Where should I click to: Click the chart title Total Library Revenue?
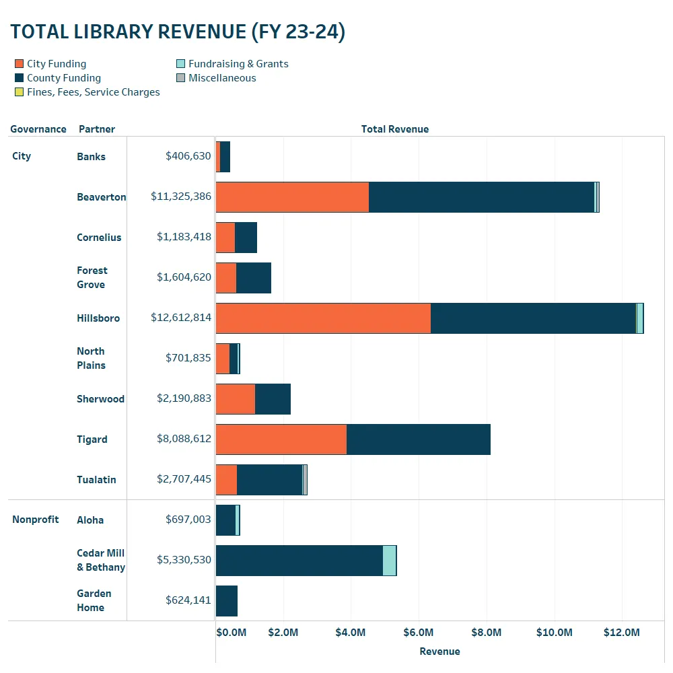pyautogui.click(x=178, y=32)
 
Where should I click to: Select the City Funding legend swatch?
pyautogui.click(x=20, y=64)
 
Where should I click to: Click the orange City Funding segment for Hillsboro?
pyautogui.click(x=323, y=318)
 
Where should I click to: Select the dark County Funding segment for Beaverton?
pyautogui.click(x=481, y=197)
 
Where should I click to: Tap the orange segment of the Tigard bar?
pyautogui.click(x=281, y=439)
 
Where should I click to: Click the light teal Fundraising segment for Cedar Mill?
pyautogui.click(x=389, y=561)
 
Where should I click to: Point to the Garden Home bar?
pyautogui.click(x=227, y=601)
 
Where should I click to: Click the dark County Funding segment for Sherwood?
pyautogui.click(x=273, y=399)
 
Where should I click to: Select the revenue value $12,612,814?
pyautogui.click(x=181, y=318)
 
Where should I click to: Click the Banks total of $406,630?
pyautogui.click(x=188, y=156)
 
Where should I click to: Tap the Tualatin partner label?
pyautogui.click(x=96, y=480)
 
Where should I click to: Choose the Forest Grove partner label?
pyautogui.click(x=92, y=277)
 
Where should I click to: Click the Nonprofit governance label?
pyautogui.click(x=35, y=520)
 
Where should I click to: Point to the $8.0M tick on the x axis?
pyautogui.click(x=486, y=633)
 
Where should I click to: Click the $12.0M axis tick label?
pyautogui.click(x=621, y=633)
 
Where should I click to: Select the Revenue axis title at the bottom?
pyautogui.click(x=439, y=651)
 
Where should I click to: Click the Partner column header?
pyautogui.click(x=96, y=129)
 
